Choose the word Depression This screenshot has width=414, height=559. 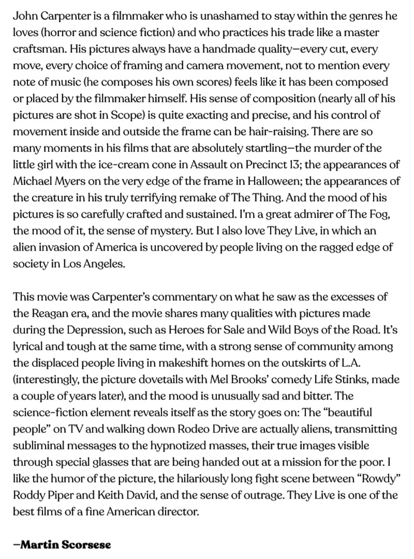coord(95,330)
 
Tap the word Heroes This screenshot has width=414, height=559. coord(186,330)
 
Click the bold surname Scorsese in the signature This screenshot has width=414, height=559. coord(86,545)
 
